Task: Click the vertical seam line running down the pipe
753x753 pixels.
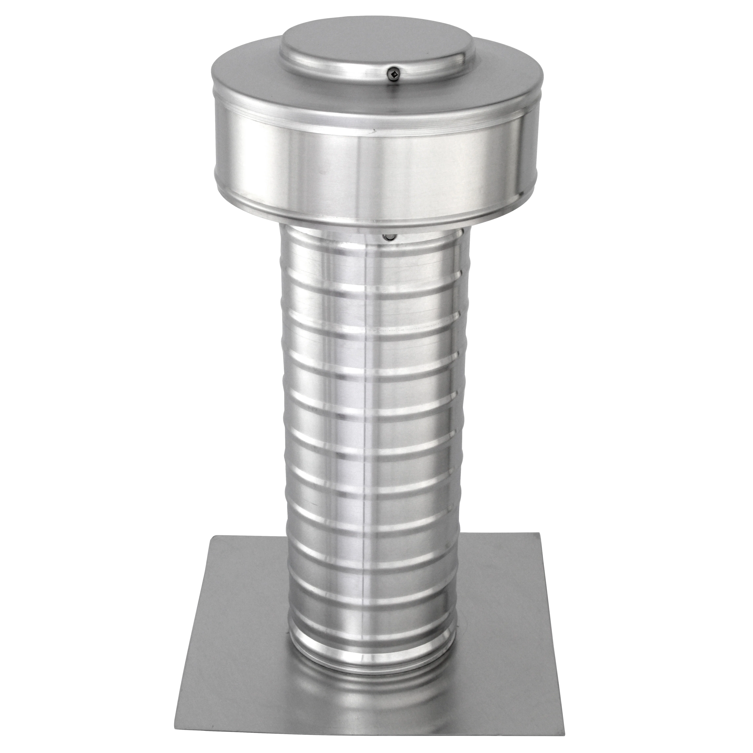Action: point(366,429)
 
